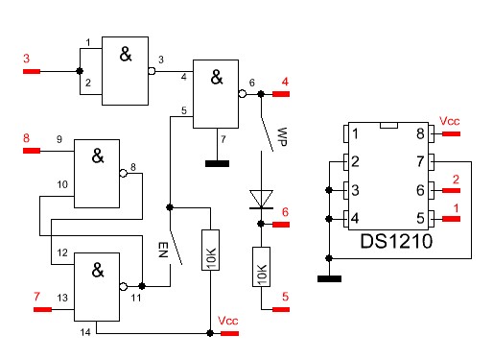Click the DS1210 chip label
(396, 241)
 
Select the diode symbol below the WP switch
(261, 200)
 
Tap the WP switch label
(282, 137)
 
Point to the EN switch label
(163, 250)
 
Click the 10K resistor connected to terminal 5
(261, 267)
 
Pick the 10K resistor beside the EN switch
(210, 250)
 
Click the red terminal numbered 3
(32, 71)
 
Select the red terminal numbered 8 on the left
(32, 151)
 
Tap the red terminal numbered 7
(42, 309)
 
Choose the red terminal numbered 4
(281, 94)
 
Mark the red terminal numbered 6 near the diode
(281, 225)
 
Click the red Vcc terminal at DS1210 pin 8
(451, 133)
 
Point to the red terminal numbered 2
(451, 190)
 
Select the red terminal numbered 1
(451, 219)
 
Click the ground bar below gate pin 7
(217, 164)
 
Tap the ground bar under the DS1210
(329, 278)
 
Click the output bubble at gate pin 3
(152, 71)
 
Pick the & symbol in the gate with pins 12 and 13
(98, 270)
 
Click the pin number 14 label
(85, 332)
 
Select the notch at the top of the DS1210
(388, 125)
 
